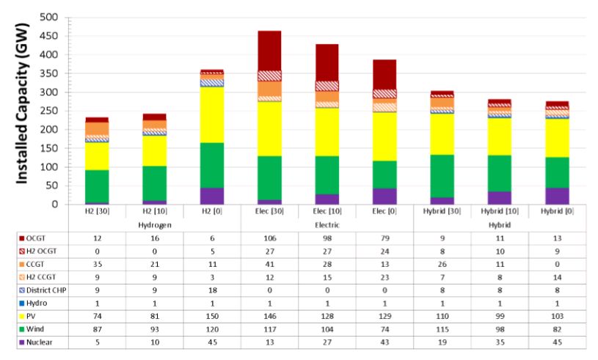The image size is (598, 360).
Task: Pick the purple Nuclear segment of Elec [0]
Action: [383, 196]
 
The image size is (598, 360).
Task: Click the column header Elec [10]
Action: [327, 211]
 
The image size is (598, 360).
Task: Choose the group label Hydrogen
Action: [154, 223]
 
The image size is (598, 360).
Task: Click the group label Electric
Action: [327, 223]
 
